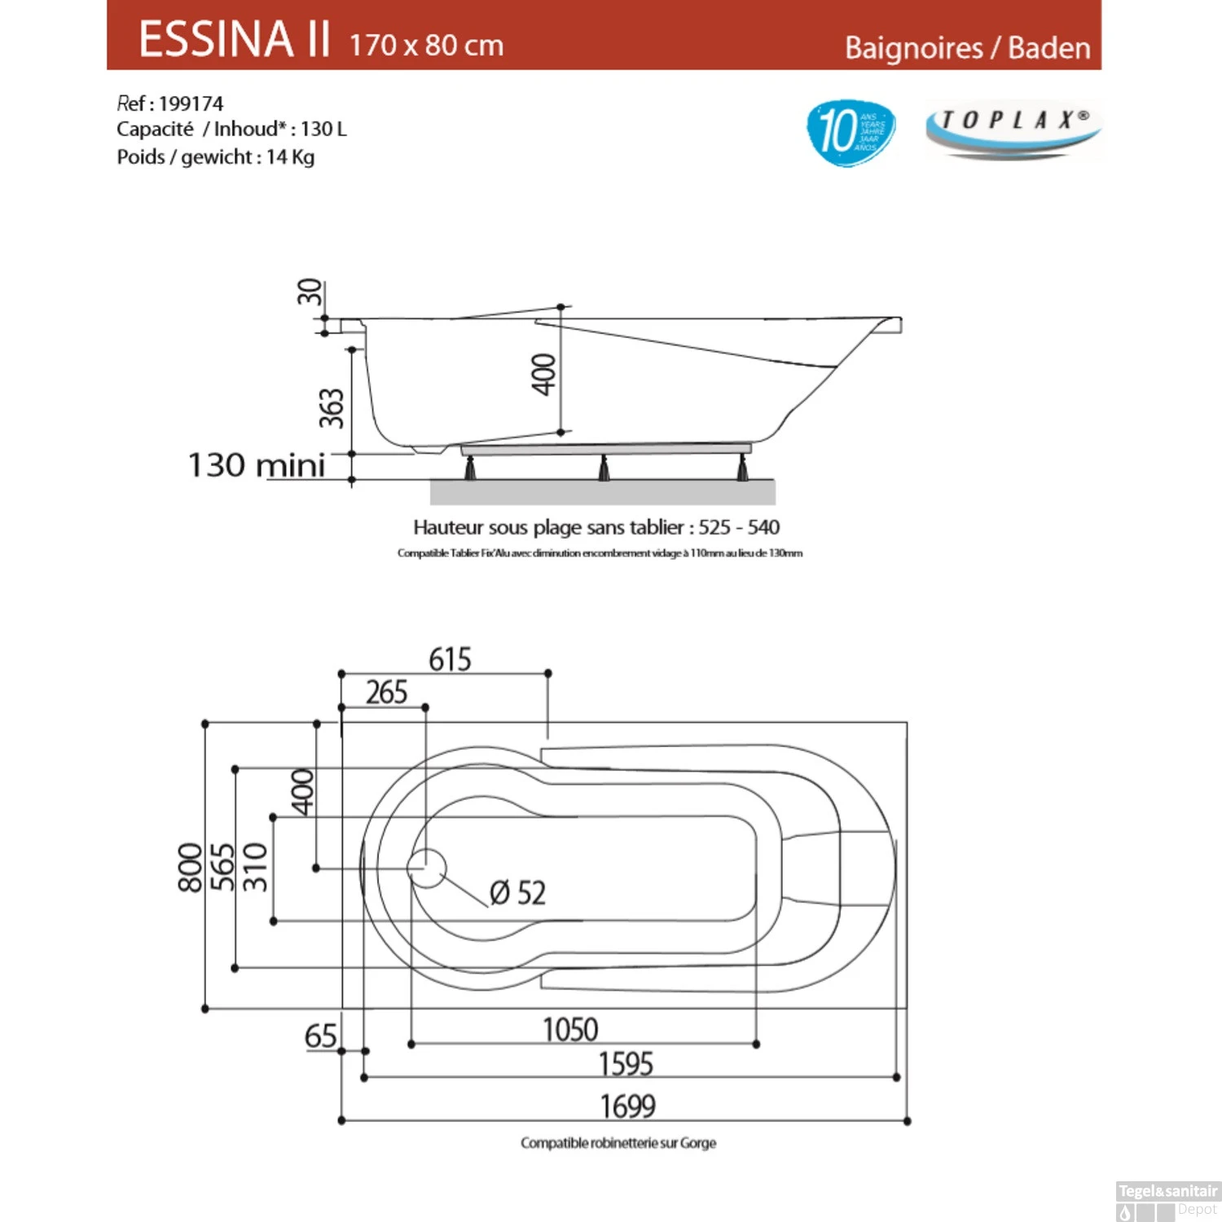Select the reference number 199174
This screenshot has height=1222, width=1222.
click(191, 103)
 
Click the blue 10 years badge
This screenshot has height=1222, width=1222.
click(850, 131)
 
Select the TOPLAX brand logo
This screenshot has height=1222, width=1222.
click(1013, 129)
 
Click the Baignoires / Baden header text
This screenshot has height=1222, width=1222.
click(967, 48)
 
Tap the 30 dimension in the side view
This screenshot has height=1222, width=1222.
click(310, 292)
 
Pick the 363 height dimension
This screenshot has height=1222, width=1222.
click(331, 408)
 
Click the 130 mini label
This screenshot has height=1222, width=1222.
click(257, 465)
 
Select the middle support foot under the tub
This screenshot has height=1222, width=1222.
click(604, 468)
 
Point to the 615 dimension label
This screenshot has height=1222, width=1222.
click(450, 659)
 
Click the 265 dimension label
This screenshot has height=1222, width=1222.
click(386, 692)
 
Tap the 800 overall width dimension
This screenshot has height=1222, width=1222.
click(190, 868)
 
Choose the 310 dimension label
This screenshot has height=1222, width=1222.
click(255, 868)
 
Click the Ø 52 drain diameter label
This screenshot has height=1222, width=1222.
click(517, 893)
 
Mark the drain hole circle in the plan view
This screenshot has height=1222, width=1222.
click(427, 868)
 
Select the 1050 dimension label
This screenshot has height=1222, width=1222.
click(570, 1030)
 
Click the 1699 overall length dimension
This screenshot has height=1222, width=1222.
click(627, 1106)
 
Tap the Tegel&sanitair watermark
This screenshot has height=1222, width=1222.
click(1167, 1191)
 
